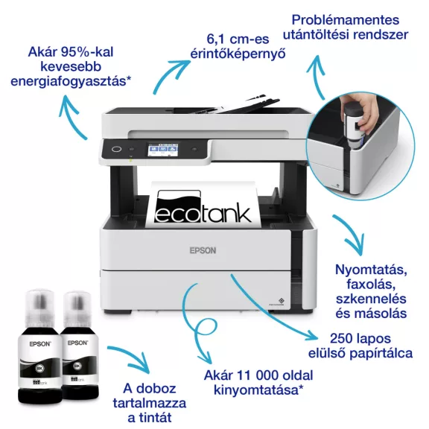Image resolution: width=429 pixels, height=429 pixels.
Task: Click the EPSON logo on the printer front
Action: click(203, 251)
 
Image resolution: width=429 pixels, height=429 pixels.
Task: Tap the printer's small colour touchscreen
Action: click(162, 150)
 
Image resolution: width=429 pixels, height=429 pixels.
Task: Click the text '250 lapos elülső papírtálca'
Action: click(366, 345)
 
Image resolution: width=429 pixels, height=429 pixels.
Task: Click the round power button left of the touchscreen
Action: click(115, 149)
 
